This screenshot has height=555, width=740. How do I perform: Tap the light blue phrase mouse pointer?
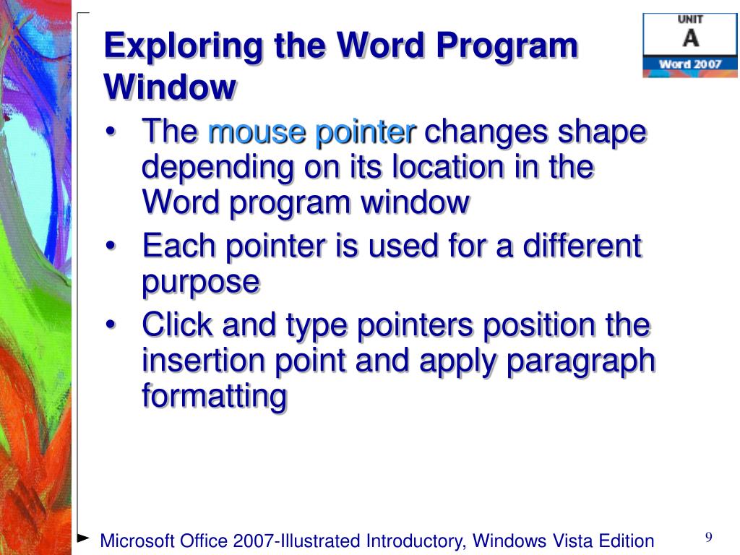tap(312, 132)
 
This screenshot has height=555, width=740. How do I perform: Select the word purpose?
tap(200, 283)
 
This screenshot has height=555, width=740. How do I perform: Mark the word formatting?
tap(214, 397)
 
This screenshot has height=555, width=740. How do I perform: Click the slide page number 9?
tap(709, 537)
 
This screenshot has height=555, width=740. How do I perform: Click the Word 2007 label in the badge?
tap(690, 64)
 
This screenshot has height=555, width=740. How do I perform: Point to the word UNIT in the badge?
tap(690, 20)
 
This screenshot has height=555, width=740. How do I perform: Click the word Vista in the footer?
tap(575, 541)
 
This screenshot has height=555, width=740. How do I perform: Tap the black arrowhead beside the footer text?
tap(83, 538)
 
